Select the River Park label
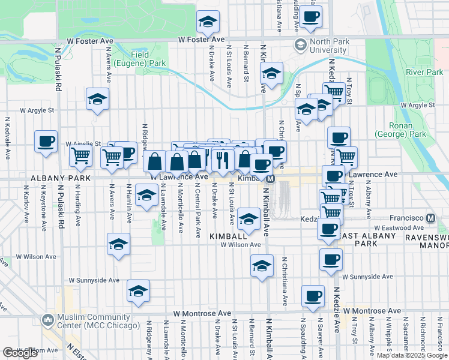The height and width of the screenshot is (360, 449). pos(424,72)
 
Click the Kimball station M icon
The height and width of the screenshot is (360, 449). pos(270,179)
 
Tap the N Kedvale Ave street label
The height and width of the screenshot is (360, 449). pos(8,139)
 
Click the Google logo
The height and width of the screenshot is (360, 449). pos(20,352)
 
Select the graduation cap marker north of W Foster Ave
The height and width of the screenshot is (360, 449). pos(208,22)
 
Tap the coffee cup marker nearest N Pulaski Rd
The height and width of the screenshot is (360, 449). pos(46,142)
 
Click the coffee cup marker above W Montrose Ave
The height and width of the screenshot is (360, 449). pos(313,296)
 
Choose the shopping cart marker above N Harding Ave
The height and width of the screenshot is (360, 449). pos(80,156)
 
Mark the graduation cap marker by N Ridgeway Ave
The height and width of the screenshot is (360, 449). pos(138,291)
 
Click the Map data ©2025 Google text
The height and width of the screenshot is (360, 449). pos(411,355)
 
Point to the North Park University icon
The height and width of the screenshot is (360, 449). pos(300,45)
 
